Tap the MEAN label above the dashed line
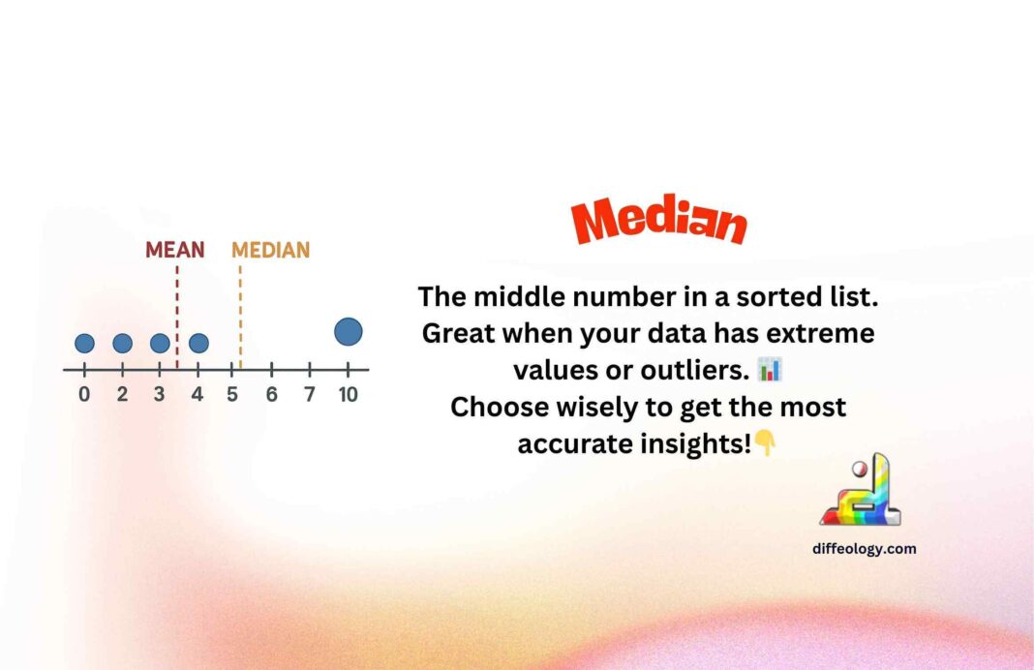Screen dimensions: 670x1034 175,250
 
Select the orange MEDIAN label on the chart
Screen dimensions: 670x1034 270,250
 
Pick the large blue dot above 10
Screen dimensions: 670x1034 349,332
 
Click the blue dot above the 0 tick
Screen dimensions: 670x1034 85,343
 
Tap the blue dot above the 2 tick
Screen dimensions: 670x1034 122,343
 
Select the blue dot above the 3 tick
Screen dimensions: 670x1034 160,343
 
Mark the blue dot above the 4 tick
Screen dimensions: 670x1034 198,343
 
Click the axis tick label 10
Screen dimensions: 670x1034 348,395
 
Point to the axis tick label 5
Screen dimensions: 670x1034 233,395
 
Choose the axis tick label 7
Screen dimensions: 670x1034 309,395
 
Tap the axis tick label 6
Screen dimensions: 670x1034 271,395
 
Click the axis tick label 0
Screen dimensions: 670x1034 85,395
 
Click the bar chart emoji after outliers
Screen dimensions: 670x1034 770,369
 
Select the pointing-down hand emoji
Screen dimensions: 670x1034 766,443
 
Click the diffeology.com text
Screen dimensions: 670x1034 865,549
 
